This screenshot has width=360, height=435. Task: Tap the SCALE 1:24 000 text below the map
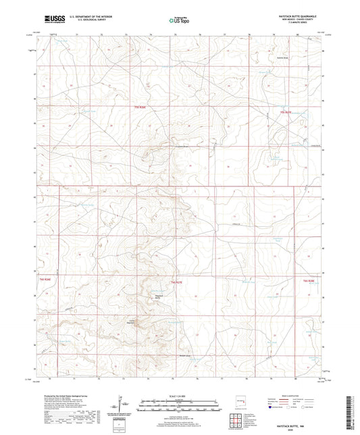pos(180,395)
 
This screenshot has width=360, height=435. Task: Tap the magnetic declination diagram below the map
pos(120,405)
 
